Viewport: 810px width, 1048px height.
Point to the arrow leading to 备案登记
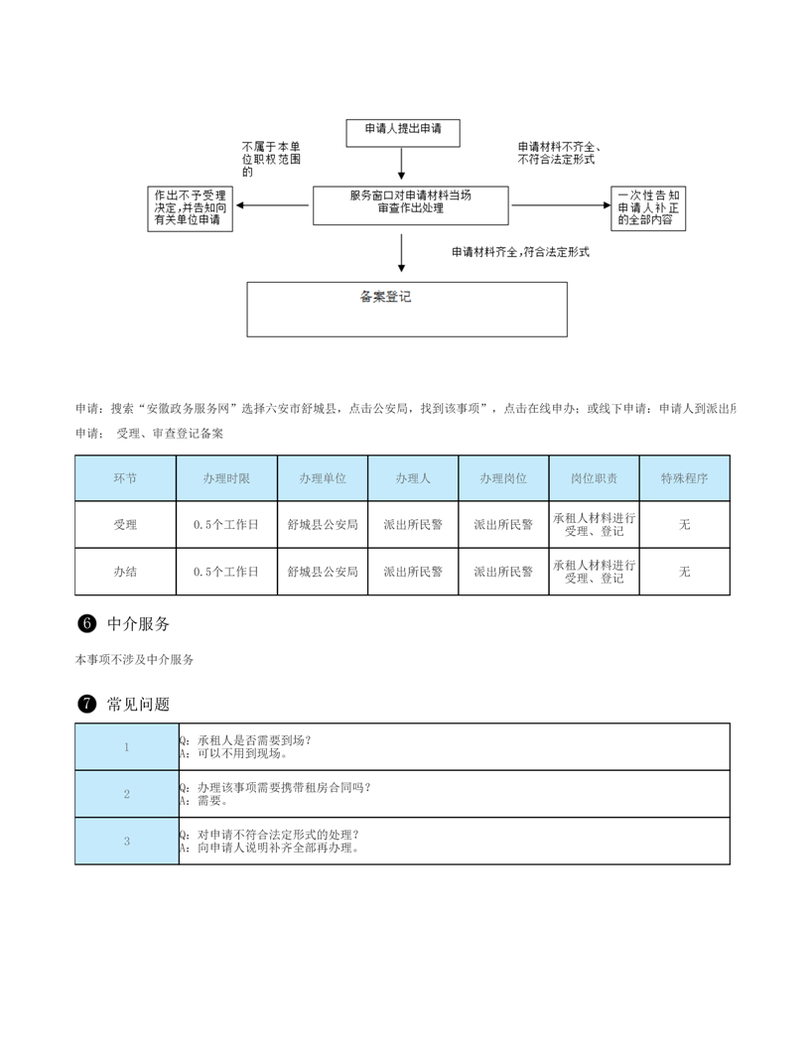[x=401, y=253]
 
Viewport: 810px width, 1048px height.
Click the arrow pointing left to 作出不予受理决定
[x=272, y=205]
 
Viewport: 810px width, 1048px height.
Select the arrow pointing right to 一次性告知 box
[x=561, y=205]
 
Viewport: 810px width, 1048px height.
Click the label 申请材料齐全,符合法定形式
[x=520, y=252]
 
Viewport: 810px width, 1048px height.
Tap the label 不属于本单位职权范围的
[x=271, y=159]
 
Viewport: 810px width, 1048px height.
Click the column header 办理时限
[x=226, y=478]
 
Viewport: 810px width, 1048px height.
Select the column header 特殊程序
[x=684, y=478]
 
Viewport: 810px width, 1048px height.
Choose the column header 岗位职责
[x=595, y=478]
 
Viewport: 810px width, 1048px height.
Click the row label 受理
[x=126, y=525]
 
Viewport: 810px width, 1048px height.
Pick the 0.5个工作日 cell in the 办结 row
[x=226, y=572]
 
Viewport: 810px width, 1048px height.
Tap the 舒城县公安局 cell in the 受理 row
[x=323, y=525]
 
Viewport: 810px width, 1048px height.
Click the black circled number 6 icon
[x=87, y=623]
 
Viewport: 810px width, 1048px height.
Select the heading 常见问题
[x=138, y=704]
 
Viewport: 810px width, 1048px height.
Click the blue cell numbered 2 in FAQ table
[x=127, y=794]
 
